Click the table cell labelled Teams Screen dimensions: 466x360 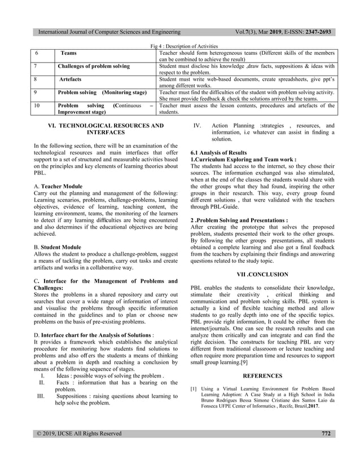point(69,52)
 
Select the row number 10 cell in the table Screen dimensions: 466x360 point(36,105)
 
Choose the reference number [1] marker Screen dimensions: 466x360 point(194,389)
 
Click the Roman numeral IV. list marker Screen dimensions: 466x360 point(198,126)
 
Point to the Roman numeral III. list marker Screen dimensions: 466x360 point(40,396)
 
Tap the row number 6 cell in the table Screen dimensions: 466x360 point(36,52)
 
